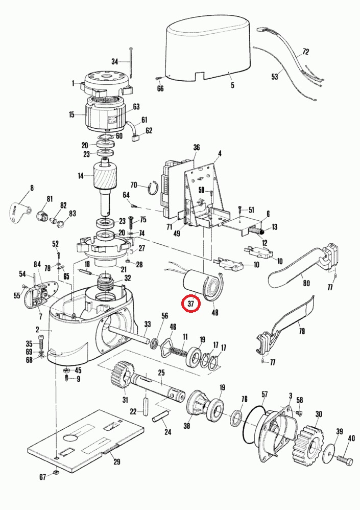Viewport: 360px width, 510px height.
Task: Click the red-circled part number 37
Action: (191, 303)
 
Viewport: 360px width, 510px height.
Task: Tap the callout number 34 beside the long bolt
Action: (115, 61)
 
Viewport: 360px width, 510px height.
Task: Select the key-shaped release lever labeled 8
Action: (20, 211)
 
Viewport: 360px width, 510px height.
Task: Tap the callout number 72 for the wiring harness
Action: (306, 52)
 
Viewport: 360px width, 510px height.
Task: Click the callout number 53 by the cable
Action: (275, 77)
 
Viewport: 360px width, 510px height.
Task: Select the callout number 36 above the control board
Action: (196, 147)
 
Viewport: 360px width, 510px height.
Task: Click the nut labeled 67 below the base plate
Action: (57, 476)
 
